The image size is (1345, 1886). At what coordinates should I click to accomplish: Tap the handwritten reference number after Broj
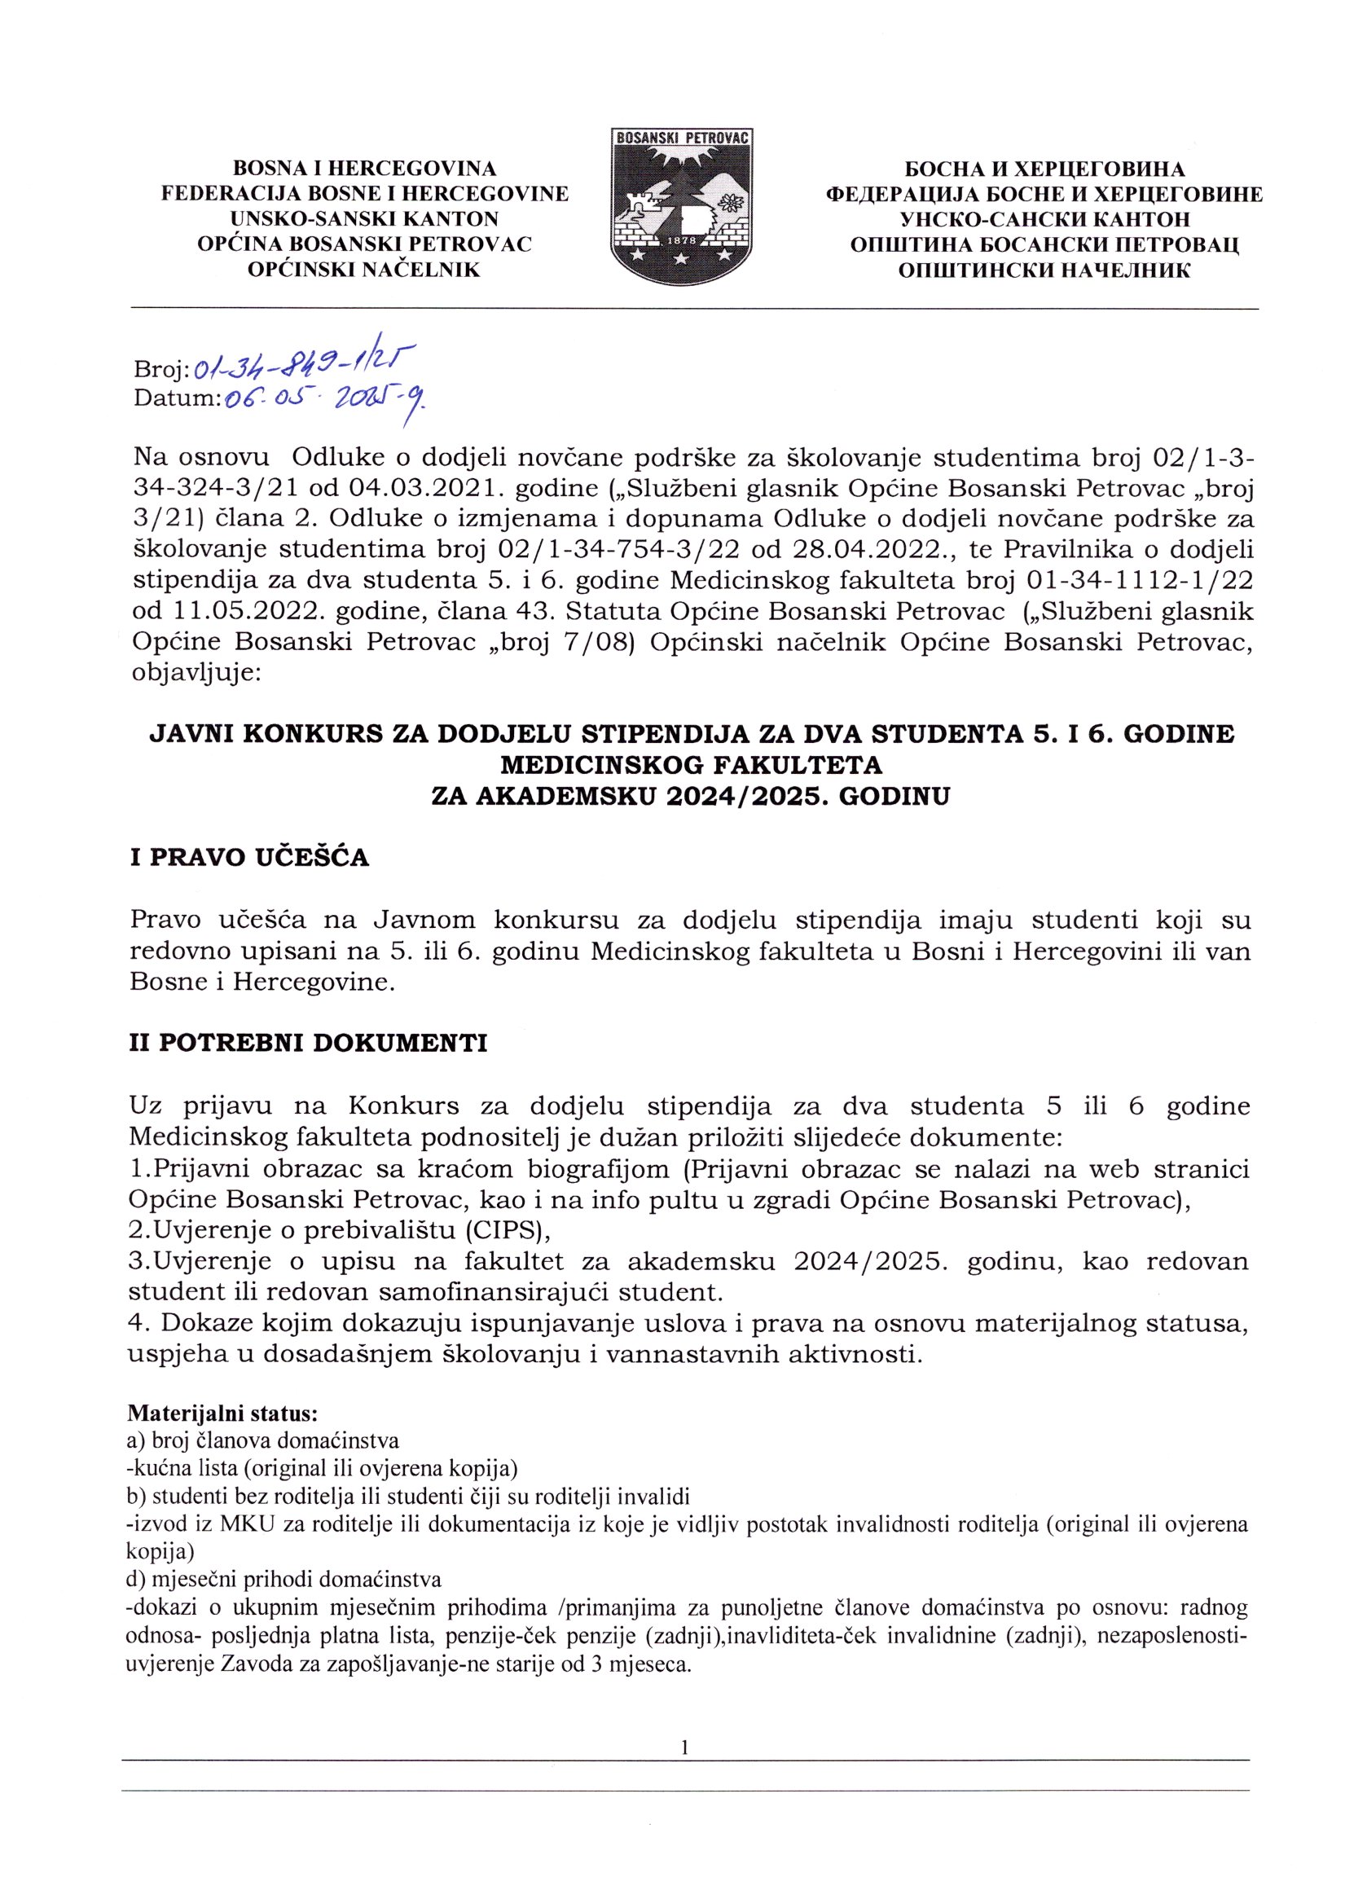tap(304, 361)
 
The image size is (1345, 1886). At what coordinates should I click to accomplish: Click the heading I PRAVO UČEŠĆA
tap(250, 857)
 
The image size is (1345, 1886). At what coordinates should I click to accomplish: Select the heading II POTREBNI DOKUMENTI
tap(308, 1043)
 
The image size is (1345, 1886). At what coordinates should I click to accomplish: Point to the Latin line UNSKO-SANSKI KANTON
tap(364, 219)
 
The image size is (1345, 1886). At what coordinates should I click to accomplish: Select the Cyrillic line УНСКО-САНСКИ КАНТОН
tap(1044, 219)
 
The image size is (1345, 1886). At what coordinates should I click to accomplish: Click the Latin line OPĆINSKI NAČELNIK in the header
tap(364, 270)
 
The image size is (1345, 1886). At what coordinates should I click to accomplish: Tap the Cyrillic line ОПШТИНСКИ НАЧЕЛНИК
tap(1044, 270)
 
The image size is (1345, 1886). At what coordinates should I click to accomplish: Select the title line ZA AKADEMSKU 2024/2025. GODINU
tap(691, 797)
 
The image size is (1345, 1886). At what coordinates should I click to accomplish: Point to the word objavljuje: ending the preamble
tap(196, 673)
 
